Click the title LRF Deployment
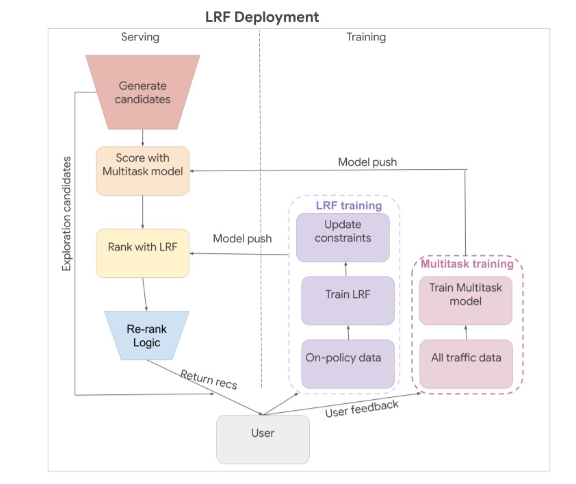coord(262,16)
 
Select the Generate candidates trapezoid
coord(143,92)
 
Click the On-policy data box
coord(348,357)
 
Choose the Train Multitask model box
coord(465,294)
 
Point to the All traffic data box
coord(465,357)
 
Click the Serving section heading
coord(140,37)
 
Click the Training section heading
coord(366,37)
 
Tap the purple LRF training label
coord(348,205)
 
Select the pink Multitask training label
coord(467,264)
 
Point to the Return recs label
coord(209,379)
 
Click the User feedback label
coord(362,409)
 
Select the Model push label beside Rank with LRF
coord(242,239)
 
